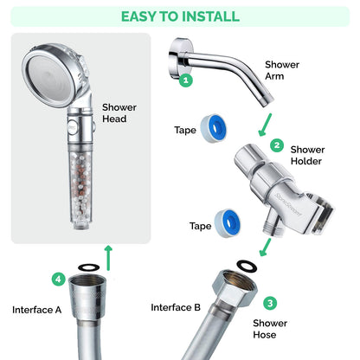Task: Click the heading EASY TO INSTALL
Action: click(x=180, y=16)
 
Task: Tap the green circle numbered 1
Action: click(x=184, y=80)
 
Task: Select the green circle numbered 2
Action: click(x=277, y=145)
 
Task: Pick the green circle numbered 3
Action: click(x=270, y=303)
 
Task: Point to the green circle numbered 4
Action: click(x=58, y=280)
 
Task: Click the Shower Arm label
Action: click(x=282, y=69)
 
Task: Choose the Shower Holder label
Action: click(x=307, y=156)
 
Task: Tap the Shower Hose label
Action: click(x=270, y=329)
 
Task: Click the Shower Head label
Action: click(x=119, y=112)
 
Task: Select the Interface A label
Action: click(x=36, y=309)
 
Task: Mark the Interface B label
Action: click(x=176, y=307)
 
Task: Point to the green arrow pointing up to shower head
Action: click(x=106, y=254)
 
